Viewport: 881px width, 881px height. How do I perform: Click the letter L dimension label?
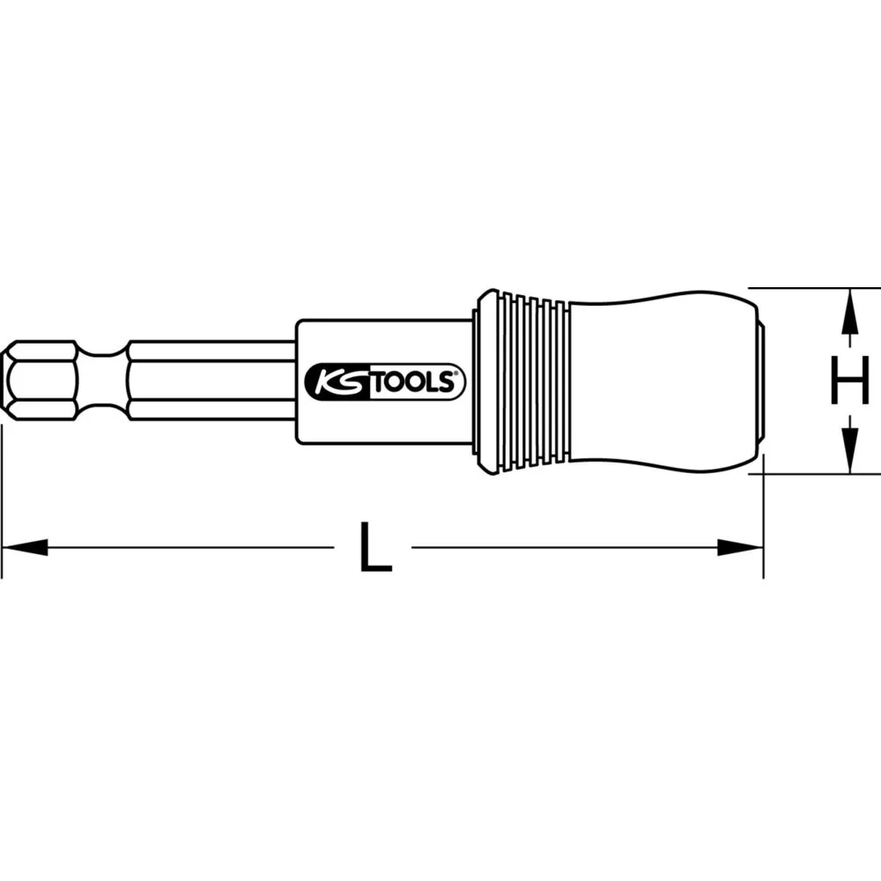[x=374, y=547]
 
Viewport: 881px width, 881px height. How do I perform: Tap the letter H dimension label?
[x=849, y=381]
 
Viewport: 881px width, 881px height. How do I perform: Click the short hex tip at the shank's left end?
[x=40, y=381]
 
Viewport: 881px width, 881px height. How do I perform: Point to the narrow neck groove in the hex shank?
[x=103, y=381]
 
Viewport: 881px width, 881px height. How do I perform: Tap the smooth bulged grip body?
[x=661, y=381]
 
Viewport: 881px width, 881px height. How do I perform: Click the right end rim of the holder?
[x=760, y=381]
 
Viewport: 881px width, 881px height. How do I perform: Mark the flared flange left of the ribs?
[x=483, y=381]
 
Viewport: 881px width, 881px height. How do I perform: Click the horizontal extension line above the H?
[x=811, y=287]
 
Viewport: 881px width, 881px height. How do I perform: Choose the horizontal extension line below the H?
[x=811, y=474]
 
